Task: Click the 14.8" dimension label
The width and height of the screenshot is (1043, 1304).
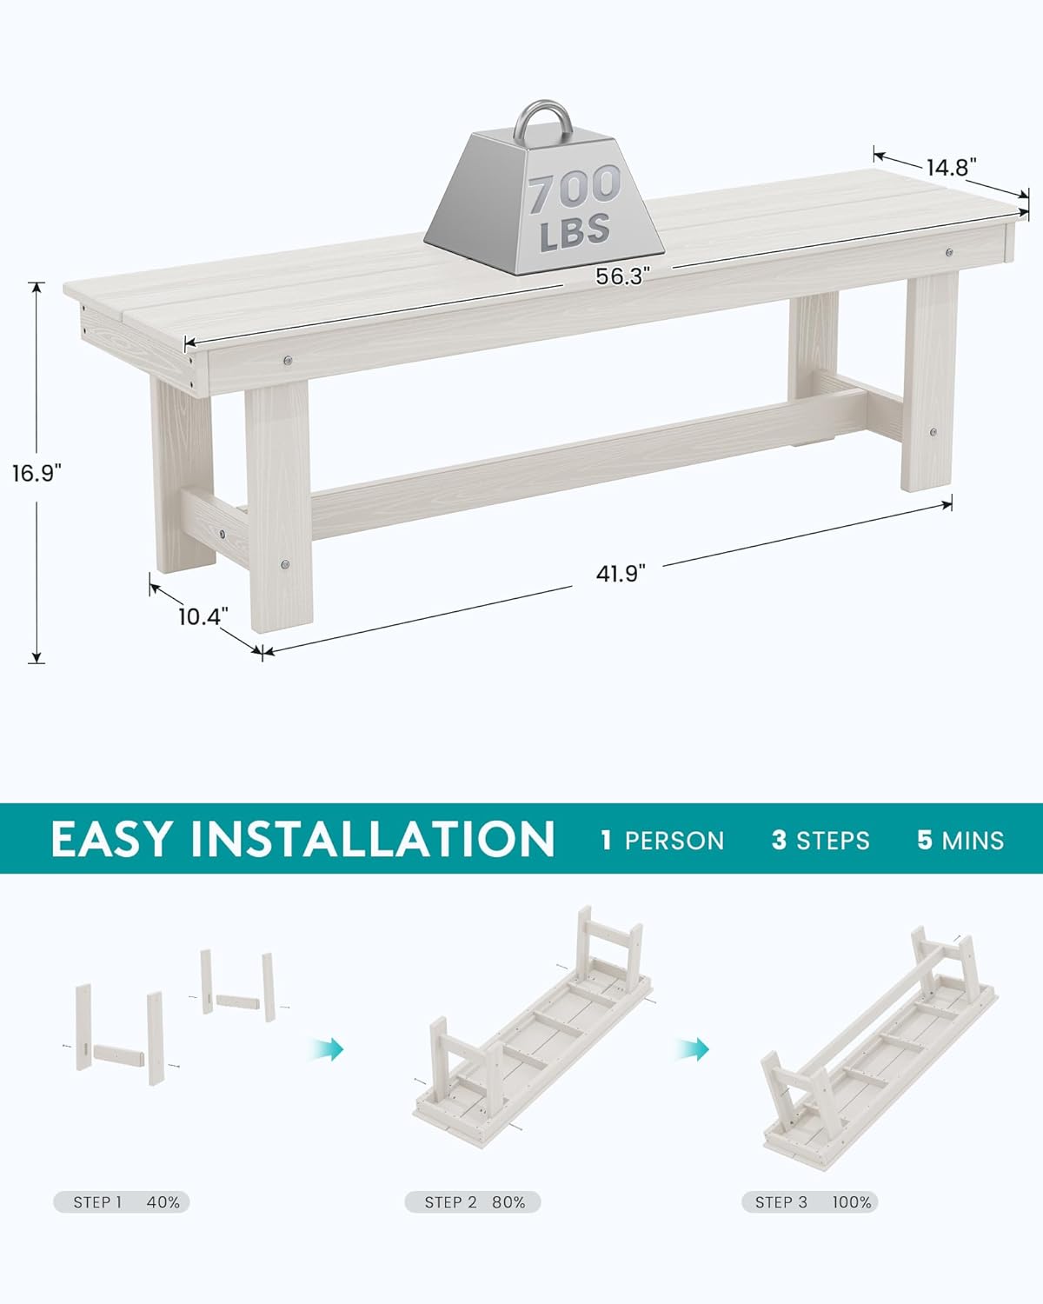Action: (x=952, y=167)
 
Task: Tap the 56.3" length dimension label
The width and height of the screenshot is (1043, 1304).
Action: (x=622, y=276)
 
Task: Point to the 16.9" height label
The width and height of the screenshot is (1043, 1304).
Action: (x=36, y=474)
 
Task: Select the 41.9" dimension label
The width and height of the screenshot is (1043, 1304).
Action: (x=621, y=574)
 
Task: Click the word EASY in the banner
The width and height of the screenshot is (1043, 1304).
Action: (x=111, y=839)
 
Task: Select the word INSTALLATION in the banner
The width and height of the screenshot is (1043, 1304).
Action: (x=373, y=839)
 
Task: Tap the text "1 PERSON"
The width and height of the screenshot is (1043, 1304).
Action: (x=662, y=841)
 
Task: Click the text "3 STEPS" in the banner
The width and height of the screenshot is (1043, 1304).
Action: (x=820, y=841)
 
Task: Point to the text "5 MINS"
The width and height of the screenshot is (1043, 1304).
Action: (x=960, y=841)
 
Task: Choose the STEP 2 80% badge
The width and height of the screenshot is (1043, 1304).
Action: (x=474, y=1202)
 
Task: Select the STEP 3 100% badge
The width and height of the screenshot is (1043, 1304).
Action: (x=810, y=1202)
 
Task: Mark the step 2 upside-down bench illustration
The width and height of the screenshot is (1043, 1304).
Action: (x=532, y=1026)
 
